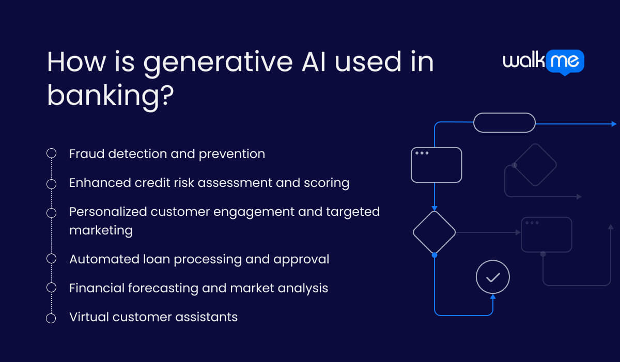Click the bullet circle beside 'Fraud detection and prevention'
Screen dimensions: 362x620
pyautogui.click(x=51, y=153)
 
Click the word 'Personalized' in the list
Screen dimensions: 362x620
pyautogui.click(x=107, y=211)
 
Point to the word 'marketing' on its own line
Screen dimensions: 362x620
pyautogui.click(x=101, y=230)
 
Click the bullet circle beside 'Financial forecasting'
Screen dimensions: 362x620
pyautogui.click(x=51, y=288)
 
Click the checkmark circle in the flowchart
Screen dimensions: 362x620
pyautogui.click(x=492, y=277)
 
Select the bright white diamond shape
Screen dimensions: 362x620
pyautogui.click(x=434, y=232)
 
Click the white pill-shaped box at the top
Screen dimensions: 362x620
pyautogui.click(x=504, y=122)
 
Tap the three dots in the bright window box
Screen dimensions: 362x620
pyautogui.click(x=422, y=153)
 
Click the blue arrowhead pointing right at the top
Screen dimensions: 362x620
pyautogui.click(x=613, y=124)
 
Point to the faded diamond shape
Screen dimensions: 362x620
pyautogui.click(x=535, y=165)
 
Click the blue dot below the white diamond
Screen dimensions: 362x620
pyautogui.click(x=434, y=255)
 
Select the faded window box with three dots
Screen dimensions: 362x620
pyautogui.click(x=546, y=235)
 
